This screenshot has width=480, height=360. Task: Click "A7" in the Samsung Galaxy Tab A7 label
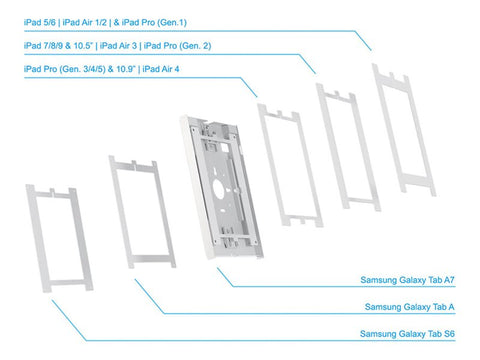coord(463,280)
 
